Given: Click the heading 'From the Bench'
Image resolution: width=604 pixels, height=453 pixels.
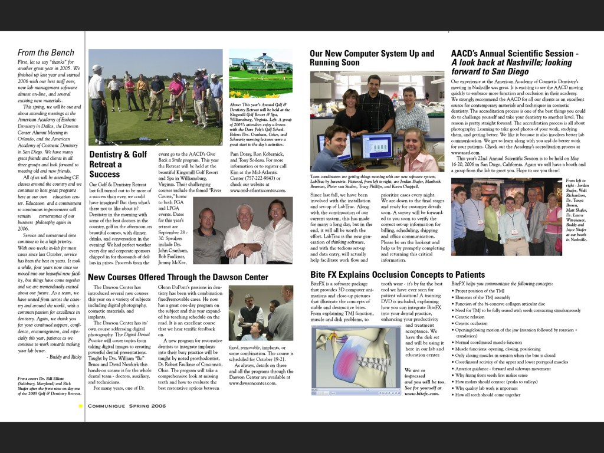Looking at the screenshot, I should tap(45, 53).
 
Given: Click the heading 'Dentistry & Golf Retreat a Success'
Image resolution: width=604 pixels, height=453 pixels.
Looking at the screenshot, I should tap(118, 164).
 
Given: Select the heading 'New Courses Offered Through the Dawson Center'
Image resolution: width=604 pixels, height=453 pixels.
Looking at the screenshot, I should tap(178, 277).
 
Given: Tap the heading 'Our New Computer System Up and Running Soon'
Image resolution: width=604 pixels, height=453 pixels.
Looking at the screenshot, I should tap(372, 58).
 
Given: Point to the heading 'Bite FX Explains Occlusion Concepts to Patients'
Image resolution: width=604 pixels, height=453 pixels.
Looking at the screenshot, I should tap(397, 274).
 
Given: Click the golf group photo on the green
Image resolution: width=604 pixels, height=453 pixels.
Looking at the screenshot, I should tap(156, 97).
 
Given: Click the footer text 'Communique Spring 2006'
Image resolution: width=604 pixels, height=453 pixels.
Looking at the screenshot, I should tap(127, 406).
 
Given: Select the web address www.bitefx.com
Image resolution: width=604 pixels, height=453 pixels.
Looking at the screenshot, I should tap(422, 393).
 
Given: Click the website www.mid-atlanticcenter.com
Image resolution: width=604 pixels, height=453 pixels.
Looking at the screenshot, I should tap(258, 191).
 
